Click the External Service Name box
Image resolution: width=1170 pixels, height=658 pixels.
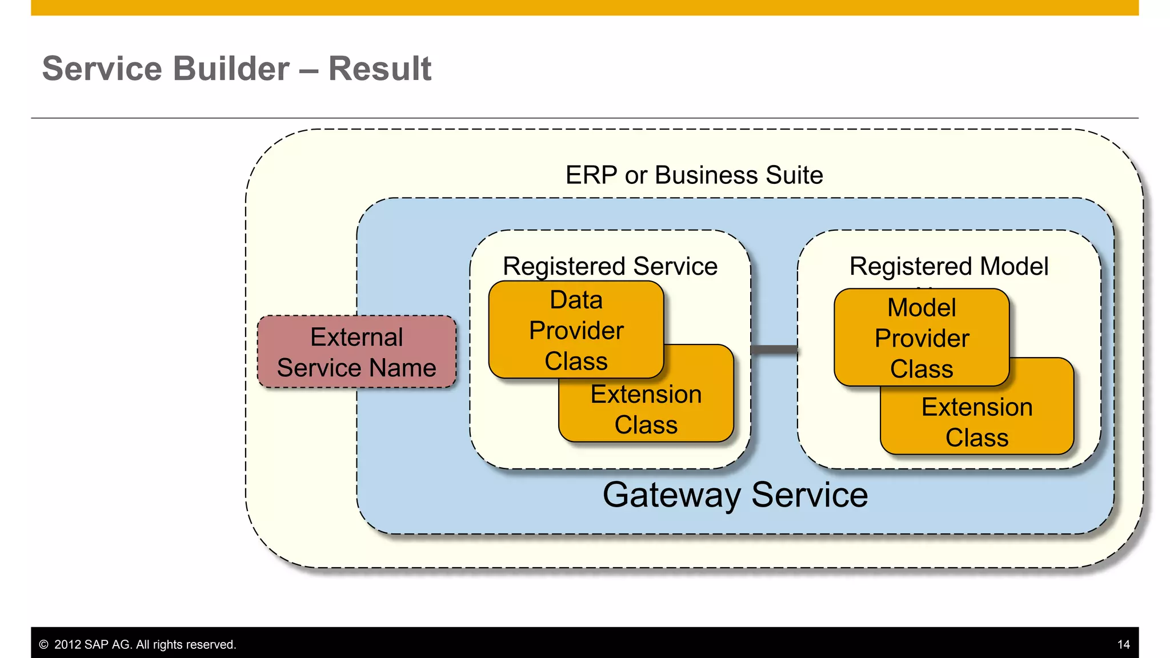[x=356, y=352]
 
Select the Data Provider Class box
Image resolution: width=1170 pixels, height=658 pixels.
[x=576, y=330]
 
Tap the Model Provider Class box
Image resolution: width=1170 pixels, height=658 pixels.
[x=921, y=338]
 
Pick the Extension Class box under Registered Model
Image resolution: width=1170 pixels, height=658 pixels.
[x=977, y=423]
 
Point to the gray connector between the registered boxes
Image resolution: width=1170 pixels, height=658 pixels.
[x=774, y=350]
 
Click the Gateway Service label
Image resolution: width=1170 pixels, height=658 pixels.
[x=735, y=495]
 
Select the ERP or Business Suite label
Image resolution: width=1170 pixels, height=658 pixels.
[x=694, y=175]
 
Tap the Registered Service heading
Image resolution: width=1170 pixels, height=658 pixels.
[x=610, y=266]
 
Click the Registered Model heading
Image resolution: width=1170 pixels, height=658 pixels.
[x=948, y=266]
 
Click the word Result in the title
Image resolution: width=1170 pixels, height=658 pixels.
[x=380, y=69]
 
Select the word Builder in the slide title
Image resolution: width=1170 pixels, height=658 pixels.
[x=230, y=69]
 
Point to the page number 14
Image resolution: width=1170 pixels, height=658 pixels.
[x=1123, y=645]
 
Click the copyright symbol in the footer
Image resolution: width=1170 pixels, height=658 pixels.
[x=43, y=645]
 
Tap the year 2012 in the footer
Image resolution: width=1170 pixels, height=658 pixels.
[x=67, y=645]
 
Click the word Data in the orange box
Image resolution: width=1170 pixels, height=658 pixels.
[x=576, y=300]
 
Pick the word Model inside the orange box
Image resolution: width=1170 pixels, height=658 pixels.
[x=921, y=308]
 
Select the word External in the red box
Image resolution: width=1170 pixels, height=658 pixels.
[x=356, y=337]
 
